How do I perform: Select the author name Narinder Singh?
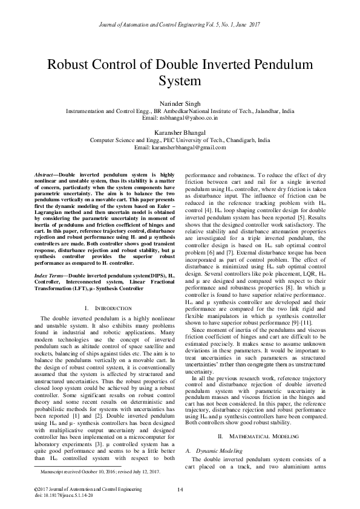pos(180,104)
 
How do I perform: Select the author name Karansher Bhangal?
pos(180,131)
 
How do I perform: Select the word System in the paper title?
pos(180,80)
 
